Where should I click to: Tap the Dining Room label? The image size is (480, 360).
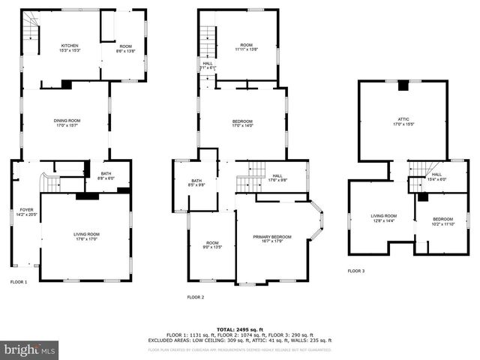point(67,122)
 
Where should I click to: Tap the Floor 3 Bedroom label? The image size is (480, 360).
point(442,220)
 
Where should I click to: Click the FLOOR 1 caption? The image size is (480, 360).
point(19,282)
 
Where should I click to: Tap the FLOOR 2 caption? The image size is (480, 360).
point(196,297)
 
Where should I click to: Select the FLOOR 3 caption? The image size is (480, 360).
point(356,271)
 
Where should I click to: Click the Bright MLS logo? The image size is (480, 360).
point(30,349)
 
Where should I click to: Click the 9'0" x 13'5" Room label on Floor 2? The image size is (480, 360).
point(212,244)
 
